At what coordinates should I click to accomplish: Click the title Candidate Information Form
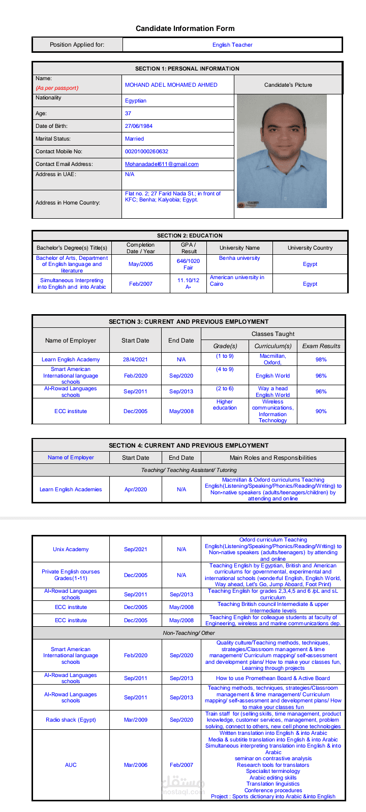185,28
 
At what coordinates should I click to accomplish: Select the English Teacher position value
232,45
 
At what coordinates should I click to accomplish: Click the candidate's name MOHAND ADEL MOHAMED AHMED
171,85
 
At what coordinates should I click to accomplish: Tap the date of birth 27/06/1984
139,126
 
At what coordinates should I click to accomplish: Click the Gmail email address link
162,164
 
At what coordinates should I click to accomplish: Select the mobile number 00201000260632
146,151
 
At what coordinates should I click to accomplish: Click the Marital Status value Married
134,139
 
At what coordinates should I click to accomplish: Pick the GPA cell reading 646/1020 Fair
188,264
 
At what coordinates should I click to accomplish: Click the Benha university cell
239,258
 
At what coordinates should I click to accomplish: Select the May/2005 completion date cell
141,264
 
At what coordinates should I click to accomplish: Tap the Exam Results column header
321,346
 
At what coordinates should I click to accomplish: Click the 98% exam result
321,359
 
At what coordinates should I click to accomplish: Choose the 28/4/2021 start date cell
135,359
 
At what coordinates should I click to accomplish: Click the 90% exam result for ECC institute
321,411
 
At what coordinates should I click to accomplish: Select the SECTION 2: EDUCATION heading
190,235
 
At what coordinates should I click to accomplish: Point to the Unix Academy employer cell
71,549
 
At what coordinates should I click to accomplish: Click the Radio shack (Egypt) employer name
71,720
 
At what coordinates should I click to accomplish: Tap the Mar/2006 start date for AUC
135,765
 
